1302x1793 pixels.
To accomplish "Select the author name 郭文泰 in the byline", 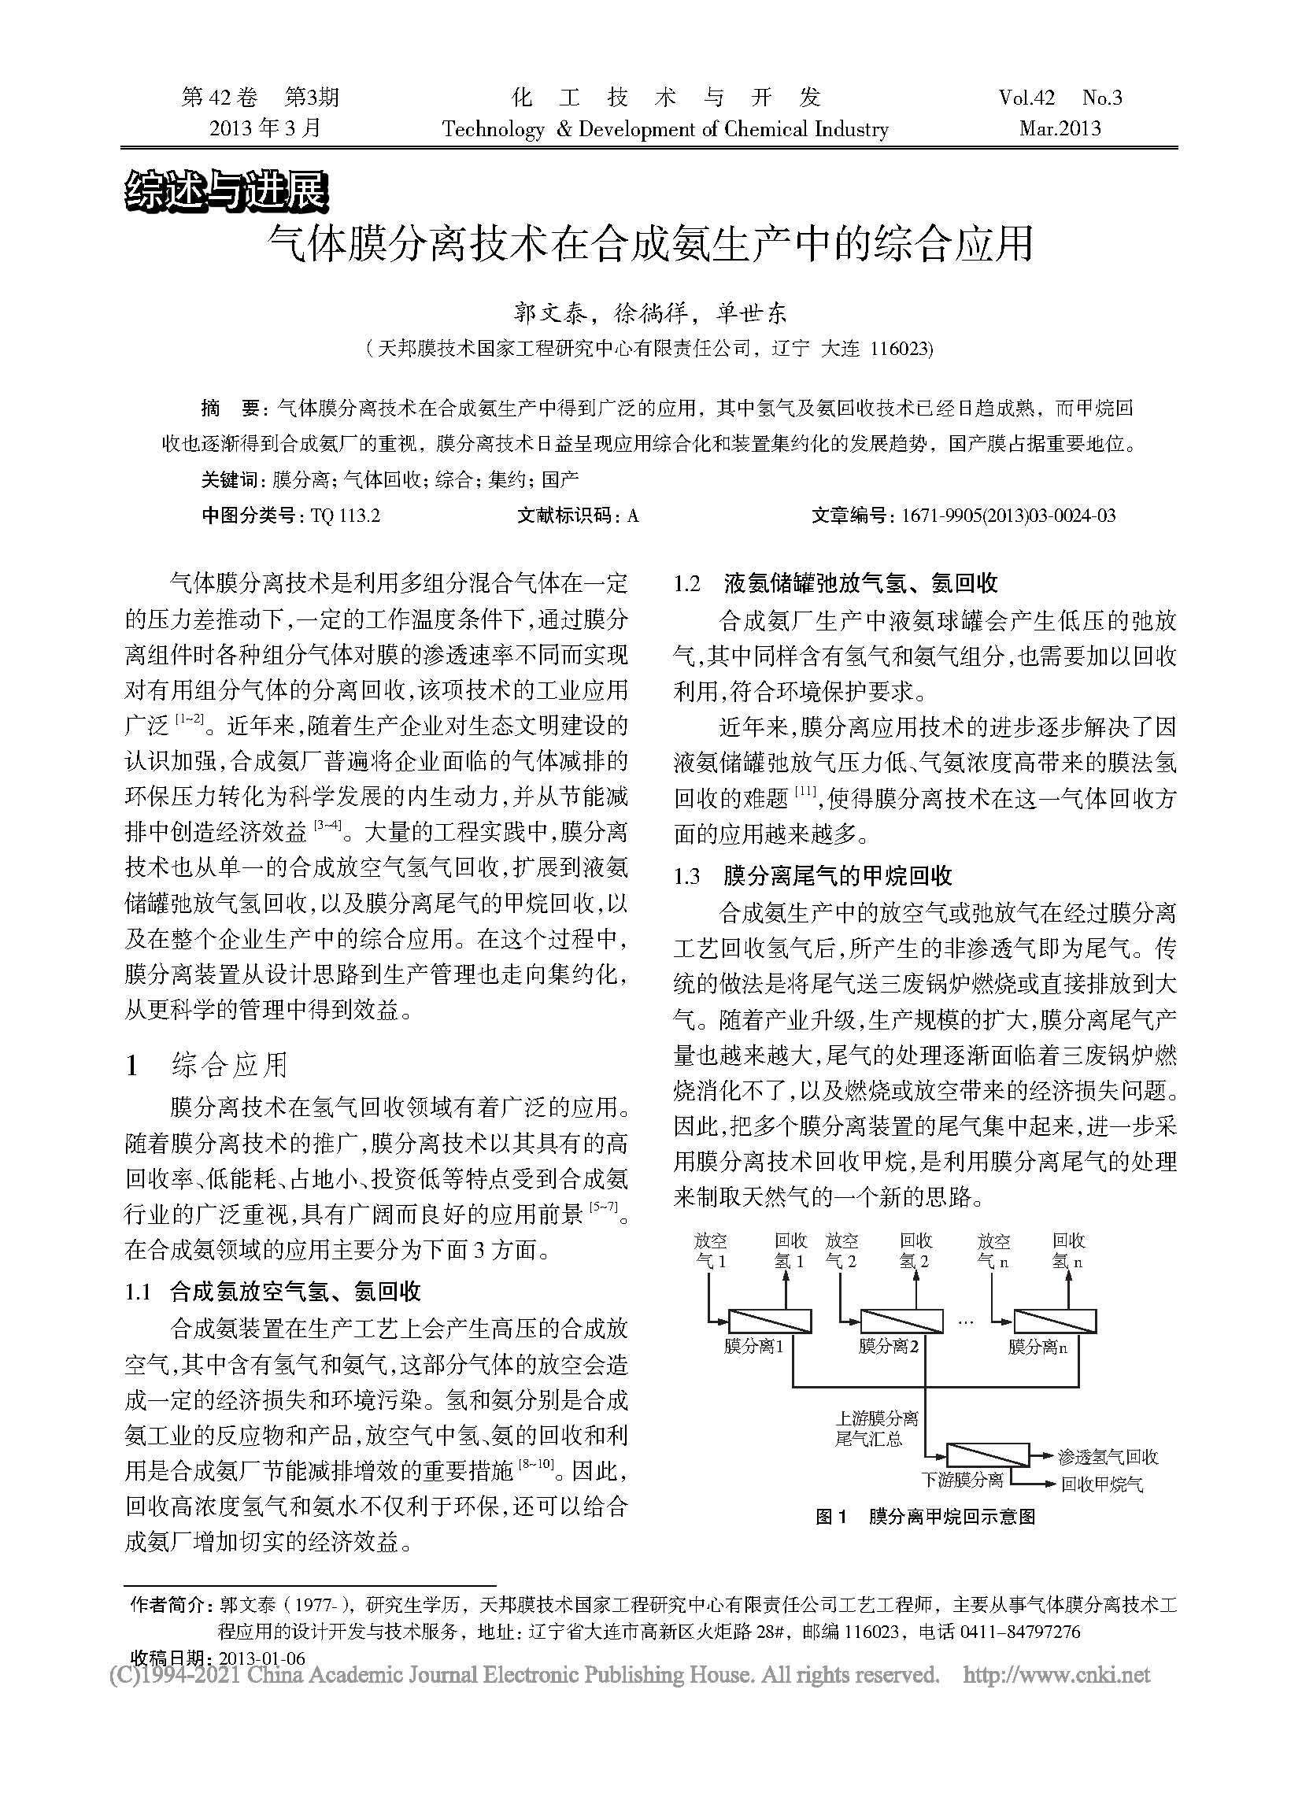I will (551, 314).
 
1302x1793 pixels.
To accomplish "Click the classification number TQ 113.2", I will (346, 516).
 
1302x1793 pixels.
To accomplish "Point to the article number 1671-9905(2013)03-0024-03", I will (1008, 516).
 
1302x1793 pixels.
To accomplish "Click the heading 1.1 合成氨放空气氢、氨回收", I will (273, 1292).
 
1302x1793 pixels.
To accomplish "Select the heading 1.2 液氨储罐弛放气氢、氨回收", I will (834, 583).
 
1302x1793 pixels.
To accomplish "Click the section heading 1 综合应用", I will (207, 1066).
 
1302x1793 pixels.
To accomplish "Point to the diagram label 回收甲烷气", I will (1102, 1484).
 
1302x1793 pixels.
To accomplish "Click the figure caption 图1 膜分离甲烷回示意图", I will (925, 1516).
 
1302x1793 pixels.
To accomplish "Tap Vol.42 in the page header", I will (1026, 98).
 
